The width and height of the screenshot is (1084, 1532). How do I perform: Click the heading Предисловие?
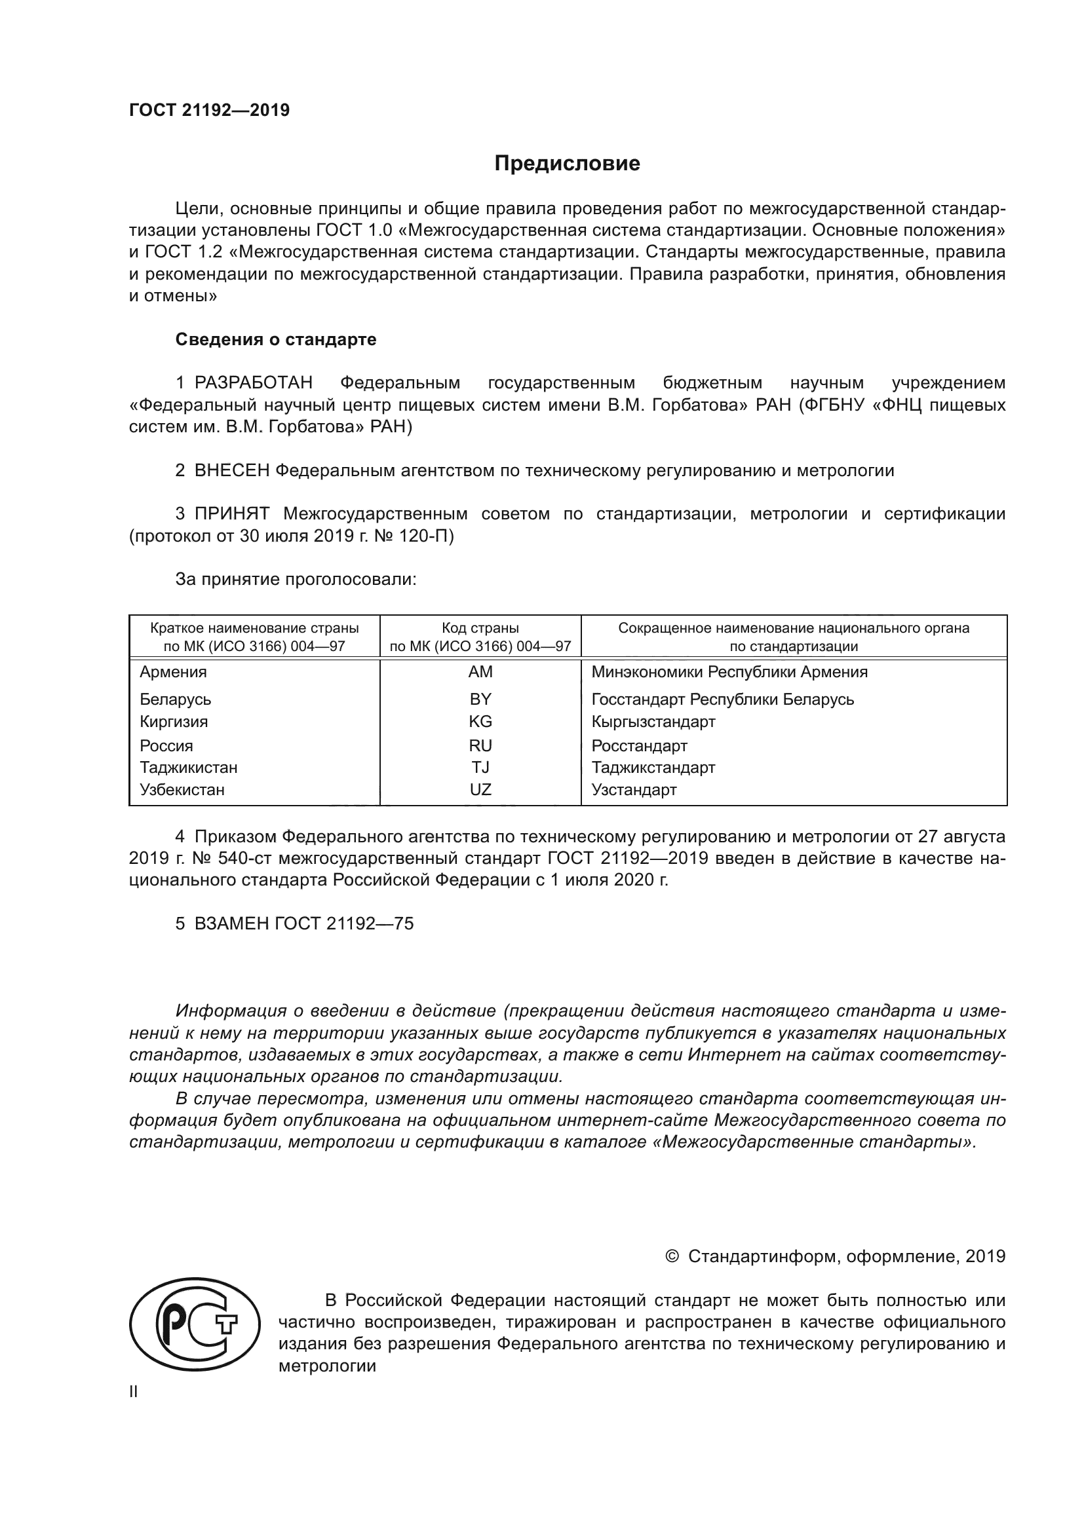[x=567, y=164]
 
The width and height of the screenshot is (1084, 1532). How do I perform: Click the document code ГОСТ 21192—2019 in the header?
[x=209, y=111]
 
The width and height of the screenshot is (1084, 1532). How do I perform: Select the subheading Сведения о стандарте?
[x=276, y=340]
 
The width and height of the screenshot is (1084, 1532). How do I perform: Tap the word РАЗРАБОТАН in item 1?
[x=254, y=383]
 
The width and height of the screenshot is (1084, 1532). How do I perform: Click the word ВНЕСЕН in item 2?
[x=231, y=470]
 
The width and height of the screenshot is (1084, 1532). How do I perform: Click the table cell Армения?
[x=173, y=672]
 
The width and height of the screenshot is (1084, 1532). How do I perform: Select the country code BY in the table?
[x=480, y=700]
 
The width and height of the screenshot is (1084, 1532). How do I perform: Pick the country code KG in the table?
[x=480, y=721]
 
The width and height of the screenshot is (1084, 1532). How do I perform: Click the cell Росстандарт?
[x=639, y=746]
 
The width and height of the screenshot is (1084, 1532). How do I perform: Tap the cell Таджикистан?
[x=188, y=768]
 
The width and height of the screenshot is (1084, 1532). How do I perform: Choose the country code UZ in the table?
[x=480, y=790]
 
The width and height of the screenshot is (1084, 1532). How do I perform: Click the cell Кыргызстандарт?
[x=653, y=722]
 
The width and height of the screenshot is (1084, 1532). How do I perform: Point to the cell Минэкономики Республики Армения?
[x=729, y=672]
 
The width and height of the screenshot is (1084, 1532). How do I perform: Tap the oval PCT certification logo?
[x=194, y=1324]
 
